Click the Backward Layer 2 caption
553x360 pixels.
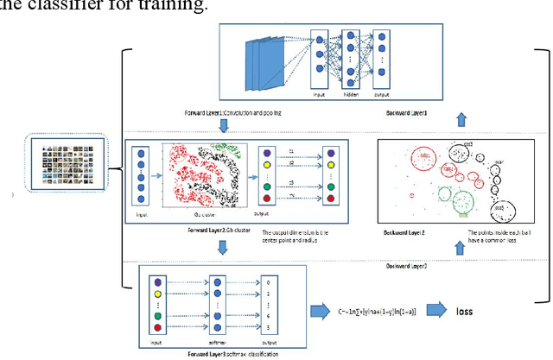[410, 233]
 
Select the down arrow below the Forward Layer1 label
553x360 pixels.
[222, 127]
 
